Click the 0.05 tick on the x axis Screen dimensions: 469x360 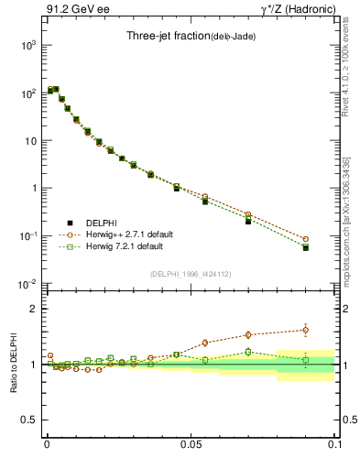[191, 443]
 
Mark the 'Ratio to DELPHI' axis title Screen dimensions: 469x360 [13, 364]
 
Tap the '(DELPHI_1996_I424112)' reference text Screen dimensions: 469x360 [191, 273]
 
